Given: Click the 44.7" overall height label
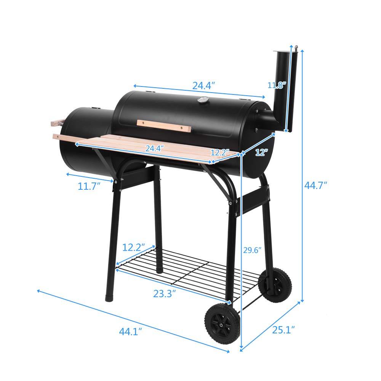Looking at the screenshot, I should pos(316,186).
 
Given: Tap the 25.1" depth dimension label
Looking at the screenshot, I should pos(282,329).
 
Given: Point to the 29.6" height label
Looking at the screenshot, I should pos(252,250).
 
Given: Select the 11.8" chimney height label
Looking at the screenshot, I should pos(276,85).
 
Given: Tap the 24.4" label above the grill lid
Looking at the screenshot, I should pos(204,86).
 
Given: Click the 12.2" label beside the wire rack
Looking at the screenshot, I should pos(133,247).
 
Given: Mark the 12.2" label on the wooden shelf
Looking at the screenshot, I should pos(219,152).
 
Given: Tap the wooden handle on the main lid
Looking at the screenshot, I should pos(163,126).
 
